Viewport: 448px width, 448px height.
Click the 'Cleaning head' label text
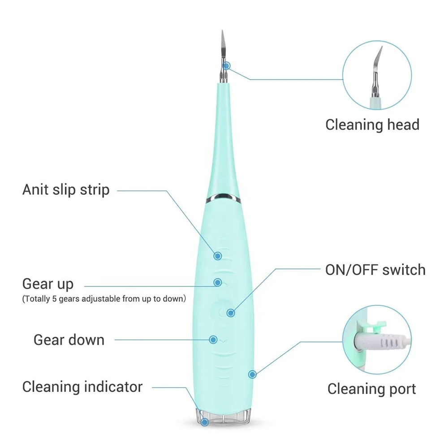372,125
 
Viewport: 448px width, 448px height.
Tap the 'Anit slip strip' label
66,190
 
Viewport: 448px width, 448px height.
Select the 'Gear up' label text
48,284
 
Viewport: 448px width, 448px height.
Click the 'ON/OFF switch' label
375,270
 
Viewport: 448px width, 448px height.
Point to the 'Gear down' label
69,340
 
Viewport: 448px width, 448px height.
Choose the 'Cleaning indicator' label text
82,387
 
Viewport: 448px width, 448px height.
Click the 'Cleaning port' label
372,389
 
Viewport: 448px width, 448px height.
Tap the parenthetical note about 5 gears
104,299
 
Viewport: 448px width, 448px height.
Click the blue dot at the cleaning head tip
227,66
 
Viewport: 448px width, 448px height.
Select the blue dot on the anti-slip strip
218,256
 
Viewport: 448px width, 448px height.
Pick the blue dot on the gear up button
218,282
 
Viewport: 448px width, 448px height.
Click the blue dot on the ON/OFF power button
230,313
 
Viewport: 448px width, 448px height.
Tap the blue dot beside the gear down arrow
214,340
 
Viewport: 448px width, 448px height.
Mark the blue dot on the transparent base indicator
205,421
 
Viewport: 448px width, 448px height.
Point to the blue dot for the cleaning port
252,373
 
